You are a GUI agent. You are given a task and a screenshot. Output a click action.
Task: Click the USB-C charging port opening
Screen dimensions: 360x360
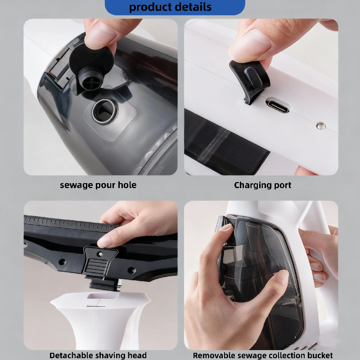pos(277,106)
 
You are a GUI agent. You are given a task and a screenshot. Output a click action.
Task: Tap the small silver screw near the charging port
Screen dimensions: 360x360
pos(320,126)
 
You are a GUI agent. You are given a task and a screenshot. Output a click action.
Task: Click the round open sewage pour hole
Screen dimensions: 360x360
pos(105,112)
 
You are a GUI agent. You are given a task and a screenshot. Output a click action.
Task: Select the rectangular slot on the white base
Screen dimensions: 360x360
pos(103,296)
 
